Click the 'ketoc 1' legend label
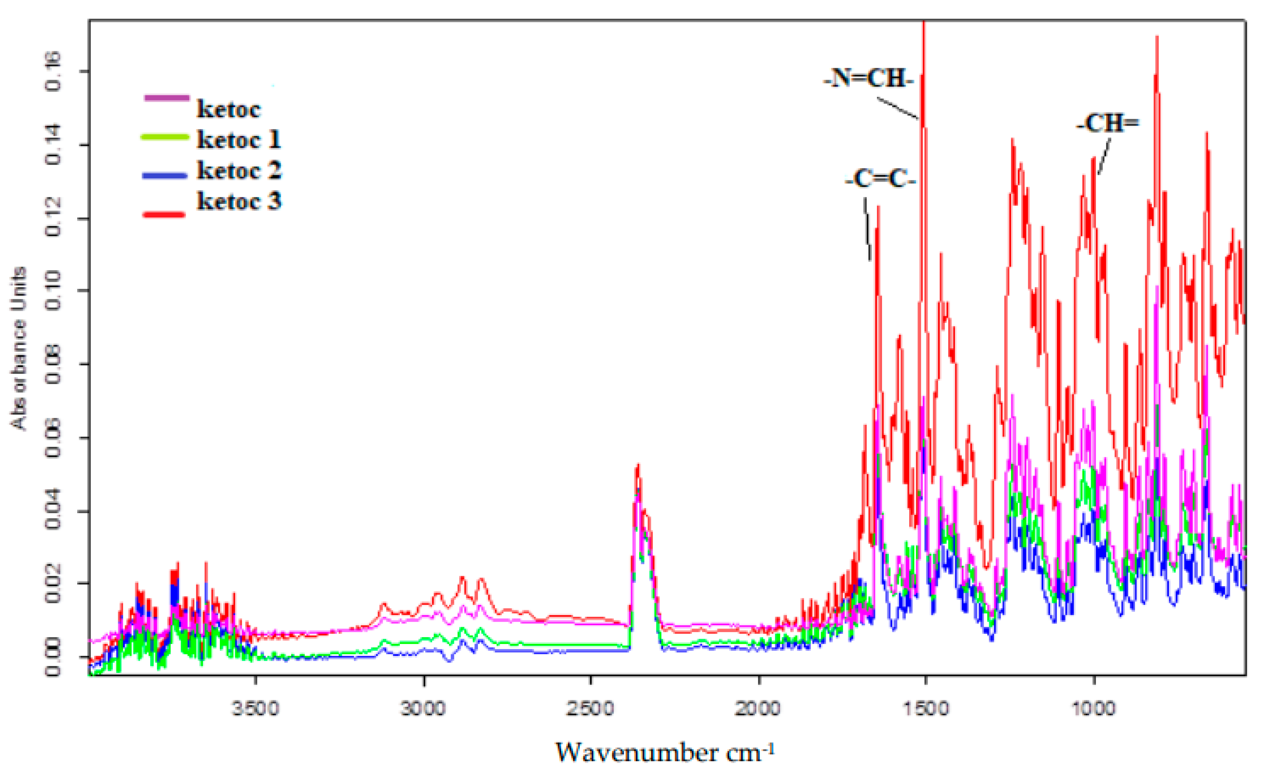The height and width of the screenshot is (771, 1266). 239,140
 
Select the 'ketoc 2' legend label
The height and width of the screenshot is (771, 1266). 239,171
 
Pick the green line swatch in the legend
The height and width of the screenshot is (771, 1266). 164,137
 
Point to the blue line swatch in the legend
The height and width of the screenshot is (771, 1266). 164,175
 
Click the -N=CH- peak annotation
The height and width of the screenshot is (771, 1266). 868,78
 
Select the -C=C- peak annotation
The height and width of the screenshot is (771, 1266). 880,179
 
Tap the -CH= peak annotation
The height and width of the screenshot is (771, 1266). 1107,124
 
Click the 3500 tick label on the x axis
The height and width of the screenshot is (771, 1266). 255,709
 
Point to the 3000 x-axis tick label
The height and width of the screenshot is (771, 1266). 423,709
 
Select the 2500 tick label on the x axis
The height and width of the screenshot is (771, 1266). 590,709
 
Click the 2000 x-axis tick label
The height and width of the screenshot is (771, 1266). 758,709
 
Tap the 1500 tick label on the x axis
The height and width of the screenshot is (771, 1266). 926,709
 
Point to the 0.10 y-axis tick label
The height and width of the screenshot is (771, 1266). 53,291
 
